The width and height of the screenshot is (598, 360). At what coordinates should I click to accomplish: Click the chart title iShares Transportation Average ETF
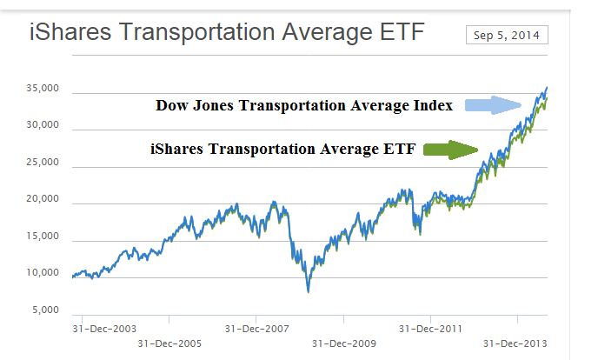coord(227,35)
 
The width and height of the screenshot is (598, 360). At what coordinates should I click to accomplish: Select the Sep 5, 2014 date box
coord(506,35)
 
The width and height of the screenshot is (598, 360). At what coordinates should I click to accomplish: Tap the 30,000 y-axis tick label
coord(40,125)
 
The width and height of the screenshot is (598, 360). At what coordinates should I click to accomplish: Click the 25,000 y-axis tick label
coord(40,163)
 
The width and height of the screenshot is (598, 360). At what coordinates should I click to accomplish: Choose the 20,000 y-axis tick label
coord(40,199)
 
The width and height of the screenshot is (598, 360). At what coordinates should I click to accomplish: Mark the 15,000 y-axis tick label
coord(40,237)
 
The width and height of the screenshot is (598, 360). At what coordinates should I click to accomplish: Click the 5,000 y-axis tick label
coord(43,310)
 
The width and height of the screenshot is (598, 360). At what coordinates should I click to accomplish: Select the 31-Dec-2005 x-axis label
coord(169,343)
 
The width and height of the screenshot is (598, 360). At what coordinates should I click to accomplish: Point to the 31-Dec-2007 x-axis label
coord(256,329)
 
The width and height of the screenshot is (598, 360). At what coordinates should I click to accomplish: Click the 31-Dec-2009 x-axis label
coord(343,343)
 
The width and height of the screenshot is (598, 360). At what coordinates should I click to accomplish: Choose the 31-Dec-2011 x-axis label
coord(431,329)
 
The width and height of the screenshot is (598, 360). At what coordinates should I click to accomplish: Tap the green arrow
coord(452,150)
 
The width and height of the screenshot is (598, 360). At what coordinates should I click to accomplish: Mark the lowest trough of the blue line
coord(308,291)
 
